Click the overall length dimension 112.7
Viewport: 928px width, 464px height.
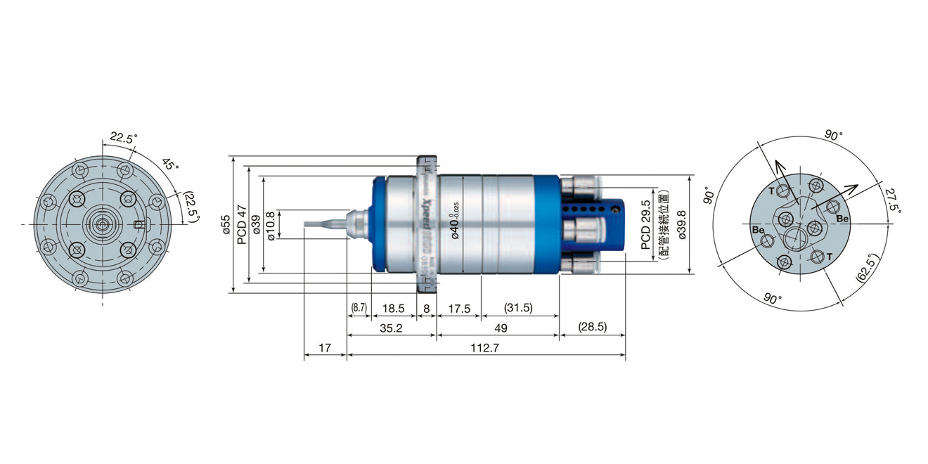pyautogui.click(x=486, y=348)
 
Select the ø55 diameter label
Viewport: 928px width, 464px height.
pyautogui.click(x=226, y=222)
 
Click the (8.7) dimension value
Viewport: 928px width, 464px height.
pyautogui.click(x=359, y=308)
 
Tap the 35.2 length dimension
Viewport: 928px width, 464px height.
pyautogui.click(x=391, y=328)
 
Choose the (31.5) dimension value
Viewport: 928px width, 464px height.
pyautogui.click(x=519, y=308)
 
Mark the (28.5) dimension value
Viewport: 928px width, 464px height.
pyautogui.click(x=592, y=328)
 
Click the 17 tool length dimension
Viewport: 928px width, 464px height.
pyautogui.click(x=325, y=348)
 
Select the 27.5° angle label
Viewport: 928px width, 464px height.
pyautogui.click(x=891, y=200)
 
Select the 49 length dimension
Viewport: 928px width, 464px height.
pyautogui.click(x=498, y=328)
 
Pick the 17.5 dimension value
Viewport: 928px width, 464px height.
pyautogui.click(x=458, y=308)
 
